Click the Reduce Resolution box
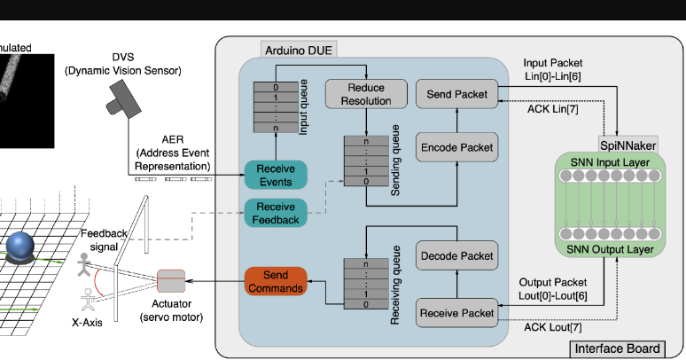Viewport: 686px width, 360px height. tap(366, 94)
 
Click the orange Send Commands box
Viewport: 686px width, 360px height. tap(275, 281)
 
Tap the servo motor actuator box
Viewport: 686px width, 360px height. tap(170, 283)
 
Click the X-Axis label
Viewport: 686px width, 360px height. tap(87, 322)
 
